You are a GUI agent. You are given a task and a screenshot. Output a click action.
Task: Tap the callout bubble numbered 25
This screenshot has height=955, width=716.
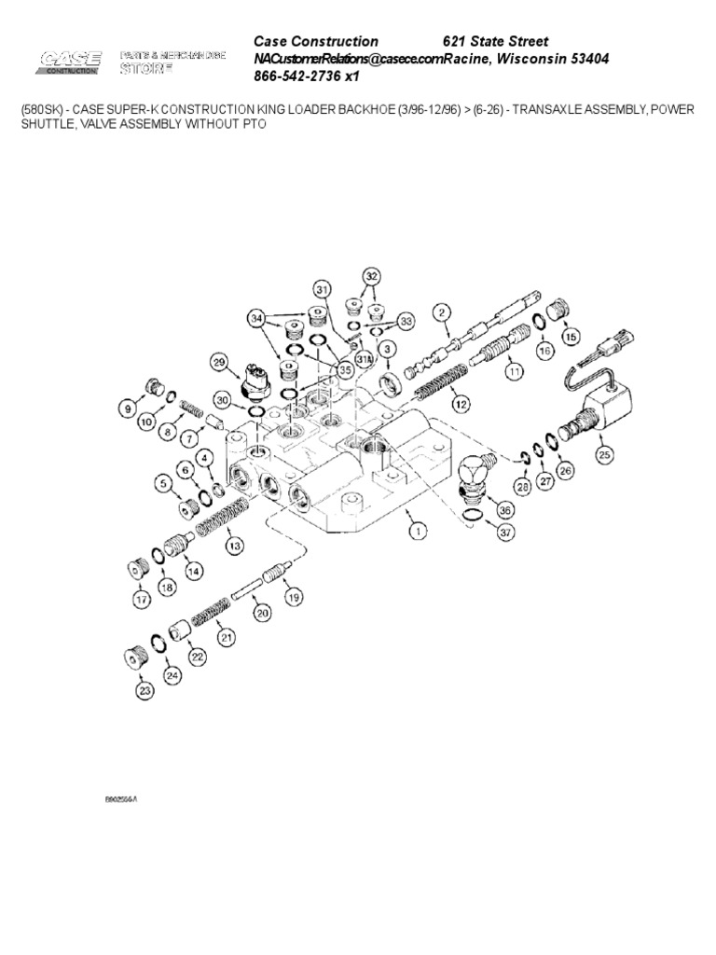(605, 455)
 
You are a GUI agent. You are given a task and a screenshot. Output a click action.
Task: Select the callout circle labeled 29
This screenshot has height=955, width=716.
(220, 362)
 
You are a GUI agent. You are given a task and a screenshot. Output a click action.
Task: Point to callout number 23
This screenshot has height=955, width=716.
(145, 691)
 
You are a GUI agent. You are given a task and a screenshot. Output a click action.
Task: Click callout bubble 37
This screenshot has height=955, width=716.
(506, 533)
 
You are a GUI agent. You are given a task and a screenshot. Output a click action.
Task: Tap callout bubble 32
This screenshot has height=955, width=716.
(372, 276)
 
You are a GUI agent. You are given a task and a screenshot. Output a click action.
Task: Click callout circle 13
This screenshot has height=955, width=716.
(235, 545)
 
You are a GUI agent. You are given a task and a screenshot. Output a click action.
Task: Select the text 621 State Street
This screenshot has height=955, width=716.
(495, 42)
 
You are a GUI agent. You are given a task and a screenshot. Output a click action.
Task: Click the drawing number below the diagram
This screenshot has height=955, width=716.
(127, 799)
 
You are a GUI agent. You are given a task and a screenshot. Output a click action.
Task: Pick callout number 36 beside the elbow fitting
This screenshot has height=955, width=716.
(506, 509)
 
